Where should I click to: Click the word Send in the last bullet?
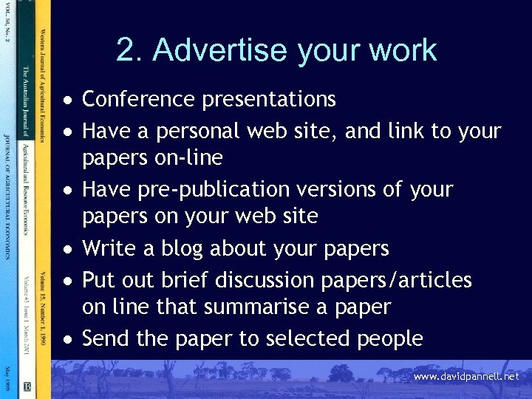(x=106, y=338)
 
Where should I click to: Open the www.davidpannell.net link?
(x=466, y=377)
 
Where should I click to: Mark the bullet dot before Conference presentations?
(x=68, y=100)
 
